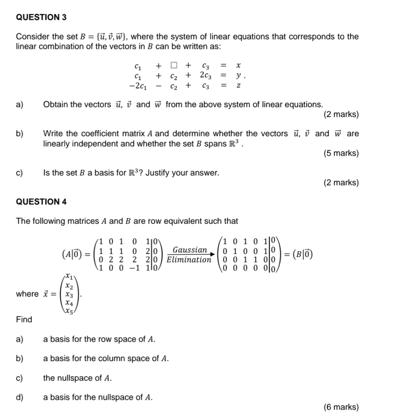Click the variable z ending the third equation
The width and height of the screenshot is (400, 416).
pyautogui.click(x=238, y=85)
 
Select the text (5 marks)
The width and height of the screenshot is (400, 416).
pyautogui.click(x=341, y=153)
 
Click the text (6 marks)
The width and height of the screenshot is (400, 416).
pyautogui.click(x=341, y=407)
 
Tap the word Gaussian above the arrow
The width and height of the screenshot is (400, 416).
pyautogui.click(x=190, y=250)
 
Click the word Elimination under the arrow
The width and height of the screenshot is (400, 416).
pyautogui.click(x=189, y=260)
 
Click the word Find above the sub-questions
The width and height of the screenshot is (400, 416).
pyautogui.click(x=24, y=319)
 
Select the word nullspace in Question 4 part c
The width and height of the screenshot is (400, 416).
pyautogui.click(x=74, y=378)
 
